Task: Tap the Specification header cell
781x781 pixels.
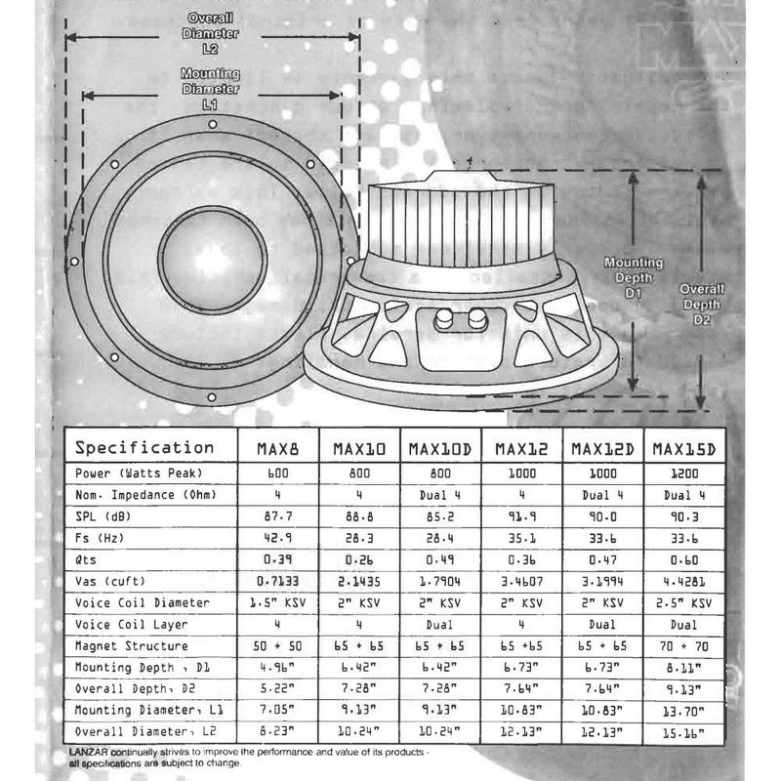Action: coord(144,448)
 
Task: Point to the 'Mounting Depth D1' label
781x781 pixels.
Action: coord(633,277)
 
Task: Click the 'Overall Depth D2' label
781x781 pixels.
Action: coord(701,304)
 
